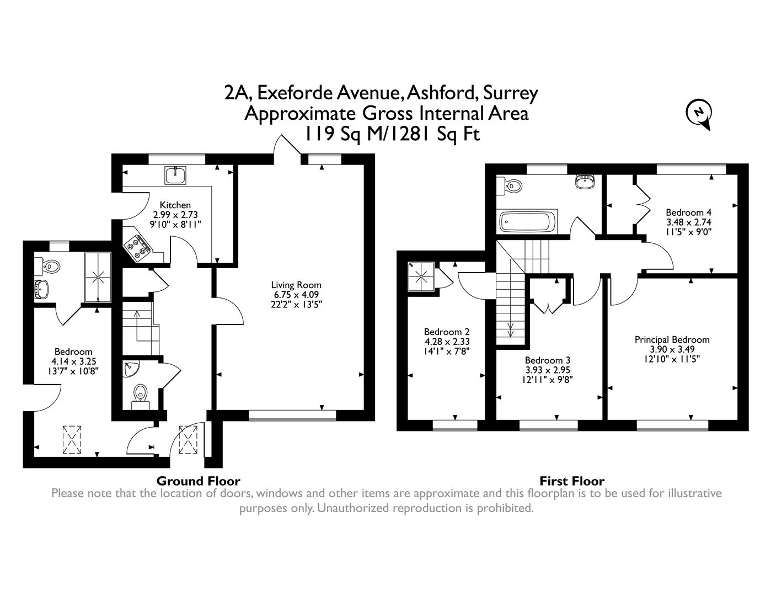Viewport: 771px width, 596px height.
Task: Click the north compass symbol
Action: click(x=699, y=114)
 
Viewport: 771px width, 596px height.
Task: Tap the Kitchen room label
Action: click(x=175, y=205)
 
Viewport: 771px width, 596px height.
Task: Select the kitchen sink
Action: click(x=175, y=175)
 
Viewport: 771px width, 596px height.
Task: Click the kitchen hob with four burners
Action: click(x=138, y=245)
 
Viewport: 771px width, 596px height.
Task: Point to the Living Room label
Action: click(x=296, y=285)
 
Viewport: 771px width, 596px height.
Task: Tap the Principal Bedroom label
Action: click(x=672, y=339)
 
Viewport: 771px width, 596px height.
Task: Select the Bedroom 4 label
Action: click(x=688, y=212)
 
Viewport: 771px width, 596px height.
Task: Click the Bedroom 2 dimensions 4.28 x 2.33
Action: click(x=447, y=342)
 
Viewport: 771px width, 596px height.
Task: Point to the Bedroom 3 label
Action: click(x=548, y=360)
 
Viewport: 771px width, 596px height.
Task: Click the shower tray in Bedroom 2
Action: click(x=421, y=276)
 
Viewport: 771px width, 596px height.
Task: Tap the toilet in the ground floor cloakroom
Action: click(x=141, y=396)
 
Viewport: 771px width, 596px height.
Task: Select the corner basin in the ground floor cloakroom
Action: click(x=131, y=369)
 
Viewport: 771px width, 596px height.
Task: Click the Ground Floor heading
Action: click(x=199, y=481)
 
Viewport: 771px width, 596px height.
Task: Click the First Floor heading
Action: click(x=572, y=481)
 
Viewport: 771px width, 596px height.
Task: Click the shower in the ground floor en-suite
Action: click(x=98, y=277)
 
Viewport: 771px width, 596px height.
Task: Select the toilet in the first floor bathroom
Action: click(x=510, y=186)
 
